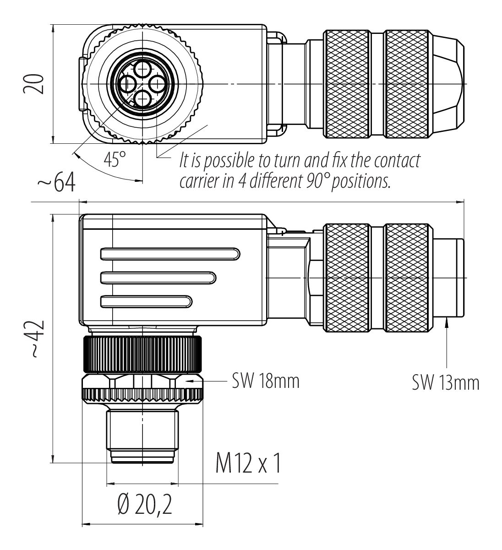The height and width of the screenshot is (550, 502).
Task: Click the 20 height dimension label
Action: click(34, 84)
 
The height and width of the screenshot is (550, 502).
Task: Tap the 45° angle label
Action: click(114, 160)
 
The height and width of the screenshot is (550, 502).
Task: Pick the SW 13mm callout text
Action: click(445, 382)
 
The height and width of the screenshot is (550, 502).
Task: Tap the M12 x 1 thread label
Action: click(248, 464)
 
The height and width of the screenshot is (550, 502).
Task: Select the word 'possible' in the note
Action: click(225, 162)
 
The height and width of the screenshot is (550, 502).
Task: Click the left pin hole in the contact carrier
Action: click(127, 84)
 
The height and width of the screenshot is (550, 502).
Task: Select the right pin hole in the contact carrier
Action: click(157, 84)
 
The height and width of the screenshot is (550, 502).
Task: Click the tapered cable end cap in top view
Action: click(448, 84)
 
